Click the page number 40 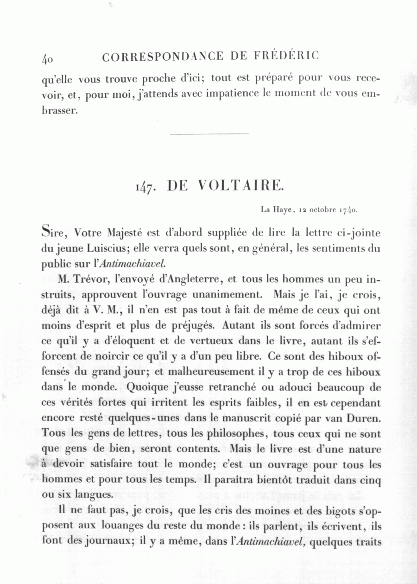(48, 58)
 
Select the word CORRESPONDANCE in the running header (163, 57)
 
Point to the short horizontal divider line (209, 134)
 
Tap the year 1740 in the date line (347, 210)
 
